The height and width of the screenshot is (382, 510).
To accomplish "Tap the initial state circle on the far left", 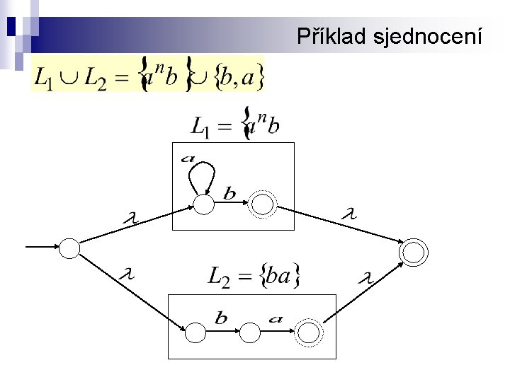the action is (x=69, y=248).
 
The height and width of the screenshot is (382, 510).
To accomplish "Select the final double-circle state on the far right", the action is (x=413, y=251).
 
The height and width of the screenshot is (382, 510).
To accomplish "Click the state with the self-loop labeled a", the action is (x=204, y=204).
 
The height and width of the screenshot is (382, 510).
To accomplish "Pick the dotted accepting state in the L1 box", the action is (x=262, y=204).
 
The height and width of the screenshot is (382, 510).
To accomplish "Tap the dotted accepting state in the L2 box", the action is (x=308, y=331).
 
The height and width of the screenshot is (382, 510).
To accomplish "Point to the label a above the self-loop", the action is (x=188, y=158).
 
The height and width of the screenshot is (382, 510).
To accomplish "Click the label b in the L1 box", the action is (x=230, y=192).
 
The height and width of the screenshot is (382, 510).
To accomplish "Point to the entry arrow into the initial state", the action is (x=42, y=247).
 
